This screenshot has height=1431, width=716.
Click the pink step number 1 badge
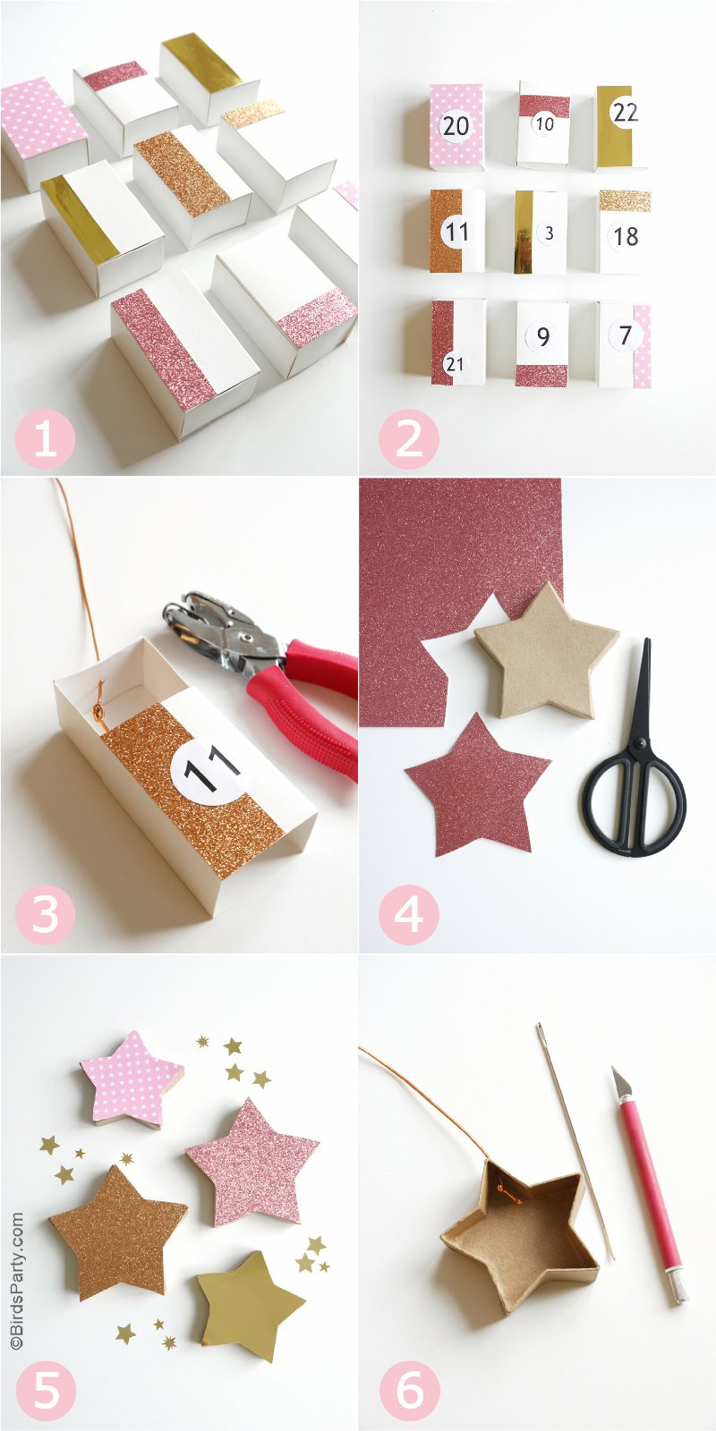45,438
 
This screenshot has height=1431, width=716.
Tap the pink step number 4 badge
408,915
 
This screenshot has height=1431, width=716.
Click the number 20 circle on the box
456,125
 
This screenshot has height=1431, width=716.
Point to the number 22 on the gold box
625,113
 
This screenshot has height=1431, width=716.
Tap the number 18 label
626,236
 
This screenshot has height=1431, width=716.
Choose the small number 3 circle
549,233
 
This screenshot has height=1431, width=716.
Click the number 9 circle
542,335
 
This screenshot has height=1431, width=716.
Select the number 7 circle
626,334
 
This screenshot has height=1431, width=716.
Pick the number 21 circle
455,365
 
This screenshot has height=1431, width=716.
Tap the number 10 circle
544,124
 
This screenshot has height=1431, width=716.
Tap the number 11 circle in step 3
211,768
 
